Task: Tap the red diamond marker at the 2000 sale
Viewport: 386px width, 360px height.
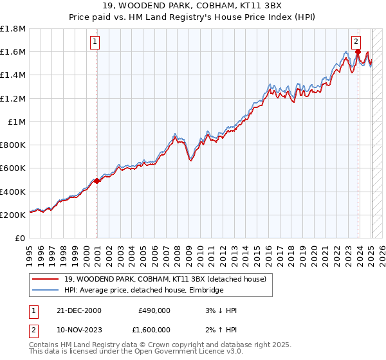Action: coord(97,181)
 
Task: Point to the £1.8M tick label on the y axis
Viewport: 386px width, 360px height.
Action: coord(13,29)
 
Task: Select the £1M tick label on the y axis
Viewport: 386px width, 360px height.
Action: coord(17,122)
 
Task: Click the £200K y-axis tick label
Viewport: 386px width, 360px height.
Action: coord(13,215)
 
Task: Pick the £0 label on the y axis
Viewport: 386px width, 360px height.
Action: coord(21,238)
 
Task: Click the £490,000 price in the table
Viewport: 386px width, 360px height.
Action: coord(154,310)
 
